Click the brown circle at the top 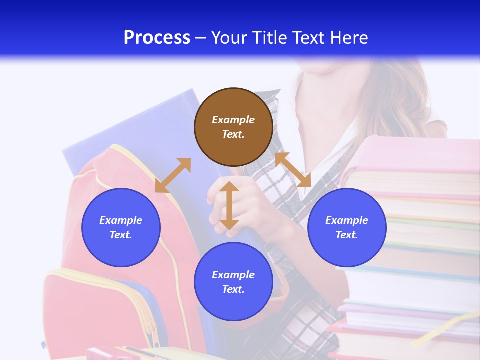click(x=233, y=127)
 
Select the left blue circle click(x=121, y=227)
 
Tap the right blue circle click(x=347, y=227)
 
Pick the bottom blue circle click(x=233, y=282)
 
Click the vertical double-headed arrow click(x=229, y=205)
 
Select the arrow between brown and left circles click(x=173, y=175)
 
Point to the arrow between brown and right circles click(x=293, y=170)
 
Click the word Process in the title click(x=157, y=38)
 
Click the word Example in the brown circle click(x=233, y=120)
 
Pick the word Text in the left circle click(x=121, y=235)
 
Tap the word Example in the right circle click(x=347, y=220)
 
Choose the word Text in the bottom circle click(x=233, y=289)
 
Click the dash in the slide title click(x=200, y=38)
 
